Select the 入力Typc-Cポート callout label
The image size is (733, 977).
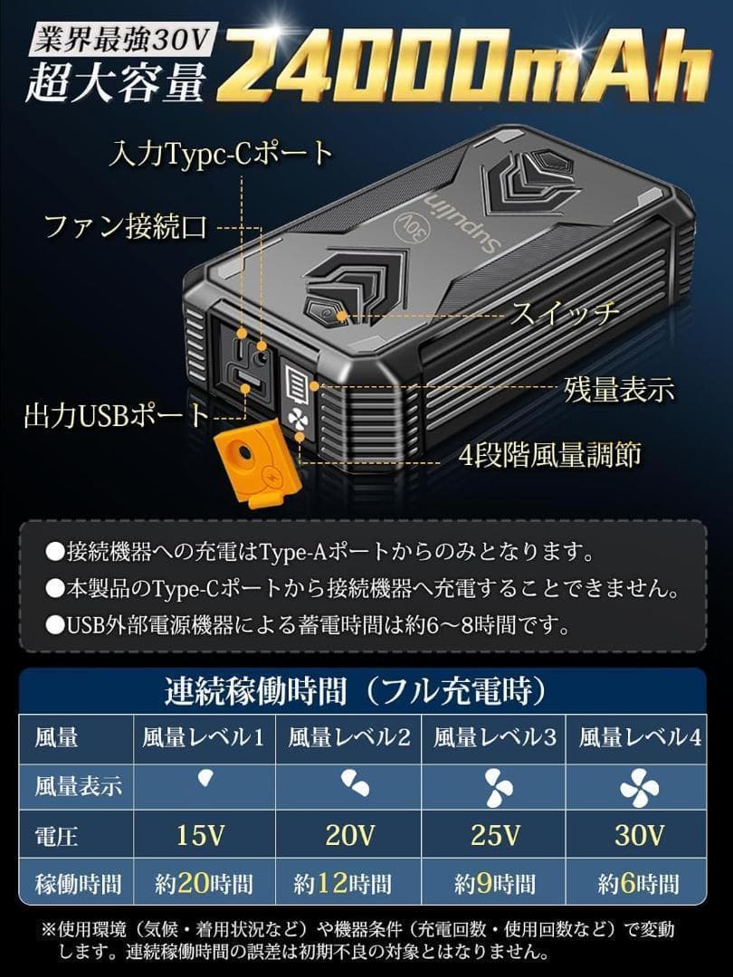tap(221, 154)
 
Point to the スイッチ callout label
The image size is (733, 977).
tap(566, 313)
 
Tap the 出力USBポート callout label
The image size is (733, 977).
tap(116, 416)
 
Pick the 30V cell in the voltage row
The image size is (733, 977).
tap(640, 835)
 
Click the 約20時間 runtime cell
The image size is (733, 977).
tap(204, 883)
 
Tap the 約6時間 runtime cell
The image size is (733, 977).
tap(640, 883)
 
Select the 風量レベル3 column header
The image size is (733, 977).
tap(495, 737)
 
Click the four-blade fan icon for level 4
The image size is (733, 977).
tap(640, 786)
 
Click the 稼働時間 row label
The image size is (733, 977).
tap(78, 883)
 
